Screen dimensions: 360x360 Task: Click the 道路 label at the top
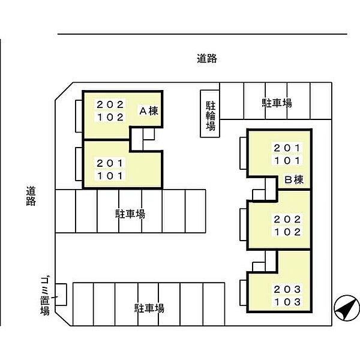click(x=206, y=58)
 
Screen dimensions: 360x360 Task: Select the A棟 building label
click(x=148, y=110)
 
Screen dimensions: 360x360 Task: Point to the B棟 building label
click(x=294, y=179)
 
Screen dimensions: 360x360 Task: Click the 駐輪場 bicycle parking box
click(x=211, y=114)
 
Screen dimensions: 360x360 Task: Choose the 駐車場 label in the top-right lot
click(x=277, y=103)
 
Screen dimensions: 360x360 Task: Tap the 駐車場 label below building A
click(x=130, y=213)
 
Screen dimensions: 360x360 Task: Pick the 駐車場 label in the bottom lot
click(x=149, y=308)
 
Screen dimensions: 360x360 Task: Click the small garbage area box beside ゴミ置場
click(x=61, y=297)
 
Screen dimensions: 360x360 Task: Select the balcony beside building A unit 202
click(x=79, y=115)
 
